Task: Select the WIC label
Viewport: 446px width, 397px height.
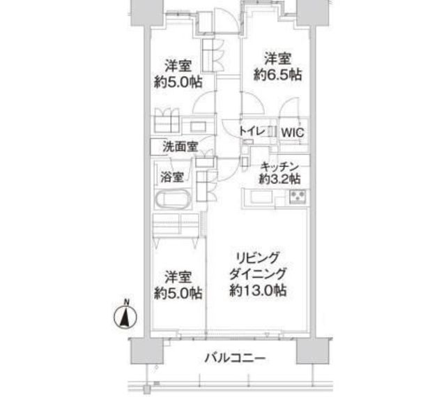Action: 292,132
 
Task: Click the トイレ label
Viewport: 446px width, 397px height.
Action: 250,130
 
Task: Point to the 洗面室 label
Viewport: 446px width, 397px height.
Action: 180,147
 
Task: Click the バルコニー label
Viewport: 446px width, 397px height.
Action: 235,359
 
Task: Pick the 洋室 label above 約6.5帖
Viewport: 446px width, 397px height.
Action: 277,59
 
